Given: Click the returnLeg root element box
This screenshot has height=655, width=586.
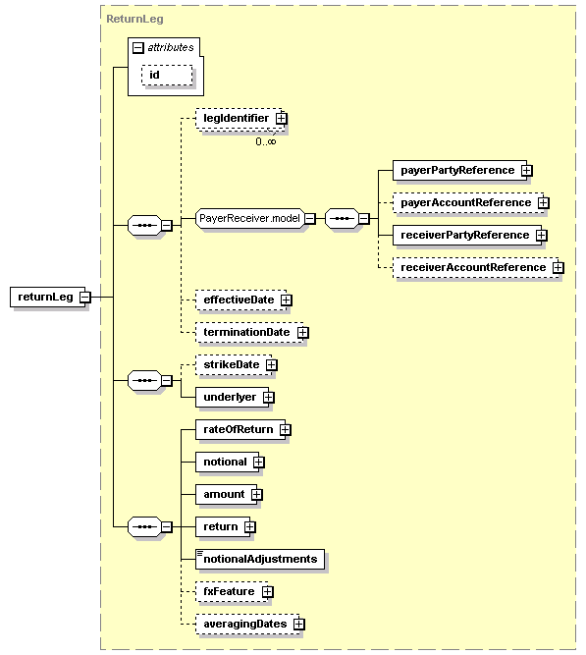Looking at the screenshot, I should click(x=45, y=297).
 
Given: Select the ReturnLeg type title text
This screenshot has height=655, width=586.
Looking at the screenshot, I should click(x=134, y=19).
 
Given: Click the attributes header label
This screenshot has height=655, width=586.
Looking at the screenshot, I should click(x=169, y=46).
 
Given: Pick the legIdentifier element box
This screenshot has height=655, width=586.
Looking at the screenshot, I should click(x=236, y=119).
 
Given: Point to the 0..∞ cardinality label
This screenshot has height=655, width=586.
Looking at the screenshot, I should click(x=266, y=141).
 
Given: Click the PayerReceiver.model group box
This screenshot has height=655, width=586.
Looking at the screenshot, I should click(x=249, y=218).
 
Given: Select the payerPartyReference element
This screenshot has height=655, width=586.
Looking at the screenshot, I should click(x=456, y=170).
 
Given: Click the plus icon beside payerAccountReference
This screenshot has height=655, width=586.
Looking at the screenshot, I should click(x=543, y=202).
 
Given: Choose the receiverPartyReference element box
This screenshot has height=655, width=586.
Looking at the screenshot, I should click(x=463, y=235).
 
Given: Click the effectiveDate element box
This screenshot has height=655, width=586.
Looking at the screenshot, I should click(x=240, y=300).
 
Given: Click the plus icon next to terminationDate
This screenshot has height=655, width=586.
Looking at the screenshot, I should click(x=303, y=332).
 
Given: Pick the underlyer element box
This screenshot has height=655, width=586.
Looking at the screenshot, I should click(x=229, y=397).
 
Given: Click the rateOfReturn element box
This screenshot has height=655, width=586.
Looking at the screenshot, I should click(x=237, y=429).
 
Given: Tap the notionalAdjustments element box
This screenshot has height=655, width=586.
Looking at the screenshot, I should click(x=260, y=559).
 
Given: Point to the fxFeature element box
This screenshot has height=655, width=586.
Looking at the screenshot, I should click(x=229, y=591).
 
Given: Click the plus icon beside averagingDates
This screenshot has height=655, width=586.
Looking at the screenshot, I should click(x=299, y=624).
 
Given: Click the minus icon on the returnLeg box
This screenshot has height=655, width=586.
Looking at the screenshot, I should click(x=85, y=297).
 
